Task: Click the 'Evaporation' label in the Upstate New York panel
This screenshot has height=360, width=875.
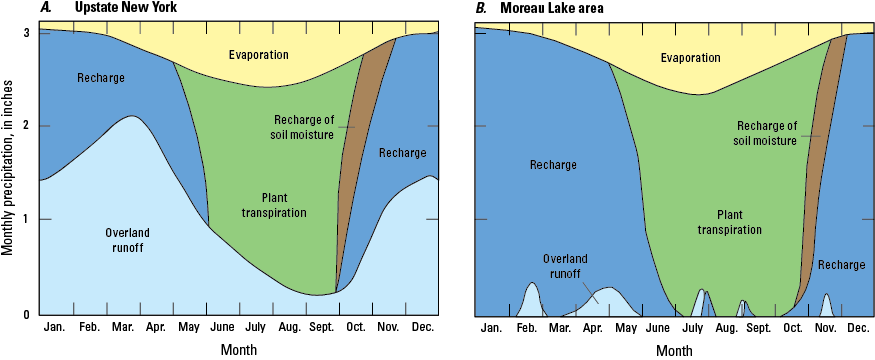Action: [x=230, y=55]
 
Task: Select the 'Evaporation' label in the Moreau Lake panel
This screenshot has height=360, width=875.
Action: [x=690, y=57]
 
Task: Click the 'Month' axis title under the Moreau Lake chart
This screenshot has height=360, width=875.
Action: [x=674, y=350]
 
